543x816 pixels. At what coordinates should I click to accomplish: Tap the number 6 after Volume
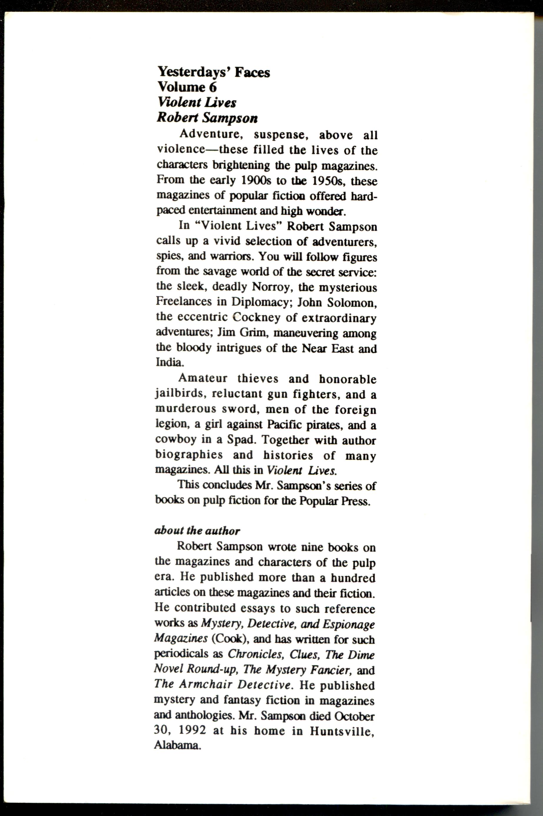pyautogui.click(x=212, y=87)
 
